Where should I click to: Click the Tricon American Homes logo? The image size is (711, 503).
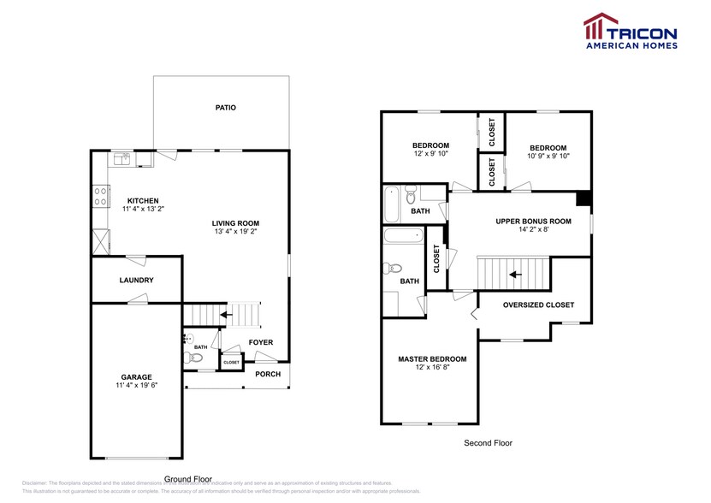coord(630,30)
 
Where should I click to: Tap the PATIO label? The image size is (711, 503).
coord(226,108)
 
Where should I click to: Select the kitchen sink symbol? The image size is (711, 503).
coord(121,158)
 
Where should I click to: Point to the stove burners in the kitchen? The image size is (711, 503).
coord(99,197)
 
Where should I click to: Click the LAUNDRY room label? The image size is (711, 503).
coord(136,280)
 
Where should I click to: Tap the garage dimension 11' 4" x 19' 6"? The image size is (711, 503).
coord(136,385)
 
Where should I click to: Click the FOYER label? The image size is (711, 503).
coord(261,342)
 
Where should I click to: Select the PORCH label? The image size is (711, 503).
coord(268,373)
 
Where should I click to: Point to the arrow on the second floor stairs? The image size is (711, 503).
coord(514,275)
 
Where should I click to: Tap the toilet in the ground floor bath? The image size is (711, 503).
coord(196,358)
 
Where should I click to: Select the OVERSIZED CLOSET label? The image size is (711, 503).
coord(538,305)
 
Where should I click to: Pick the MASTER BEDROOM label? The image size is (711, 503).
coord(432,358)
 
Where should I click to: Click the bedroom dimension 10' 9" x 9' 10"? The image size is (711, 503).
coord(548,156)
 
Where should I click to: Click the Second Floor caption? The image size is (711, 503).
coord(488,443)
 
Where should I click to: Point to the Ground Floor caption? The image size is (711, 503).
coord(188,479)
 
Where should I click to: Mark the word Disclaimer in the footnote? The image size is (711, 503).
coord(36,483)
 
